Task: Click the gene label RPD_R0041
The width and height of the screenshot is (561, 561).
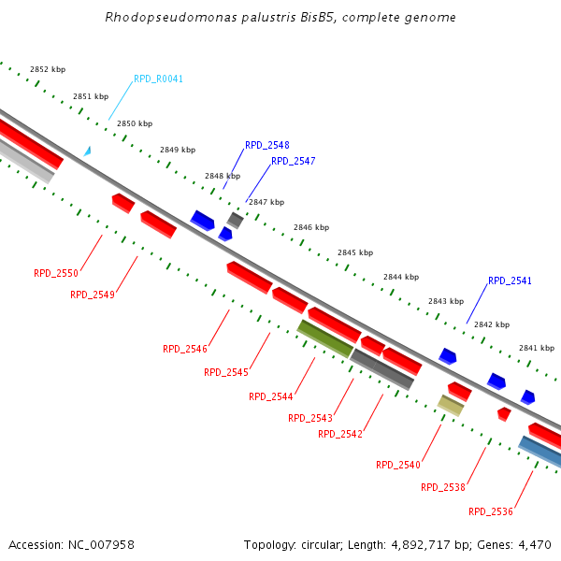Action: click(159, 79)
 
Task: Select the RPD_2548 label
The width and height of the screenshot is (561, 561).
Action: click(267, 146)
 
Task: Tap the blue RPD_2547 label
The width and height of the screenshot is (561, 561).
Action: click(294, 162)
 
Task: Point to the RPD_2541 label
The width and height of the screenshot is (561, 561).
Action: click(510, 281)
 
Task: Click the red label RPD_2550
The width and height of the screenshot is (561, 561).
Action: click(56, 274)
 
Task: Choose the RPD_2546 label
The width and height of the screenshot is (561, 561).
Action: click(185, 349)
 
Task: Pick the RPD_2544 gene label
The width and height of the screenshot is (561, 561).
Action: click(271, 396)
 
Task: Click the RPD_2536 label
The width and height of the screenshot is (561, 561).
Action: click(491, 511)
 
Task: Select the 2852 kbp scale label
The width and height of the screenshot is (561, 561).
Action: click(48, 70)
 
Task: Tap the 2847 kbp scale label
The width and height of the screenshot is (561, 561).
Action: click(266, 202)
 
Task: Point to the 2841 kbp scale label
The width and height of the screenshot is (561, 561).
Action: click(537, 348)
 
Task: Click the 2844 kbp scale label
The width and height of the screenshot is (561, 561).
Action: click(401, 278)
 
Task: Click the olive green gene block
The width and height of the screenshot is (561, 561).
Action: click(324, 338)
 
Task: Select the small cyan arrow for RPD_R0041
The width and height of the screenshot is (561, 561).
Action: click(87, 151)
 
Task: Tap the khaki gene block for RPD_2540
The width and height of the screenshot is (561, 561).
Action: click(451, 405)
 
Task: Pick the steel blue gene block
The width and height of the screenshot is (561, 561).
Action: click(540, 452)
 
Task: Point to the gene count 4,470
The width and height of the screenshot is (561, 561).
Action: click(534, 544)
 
